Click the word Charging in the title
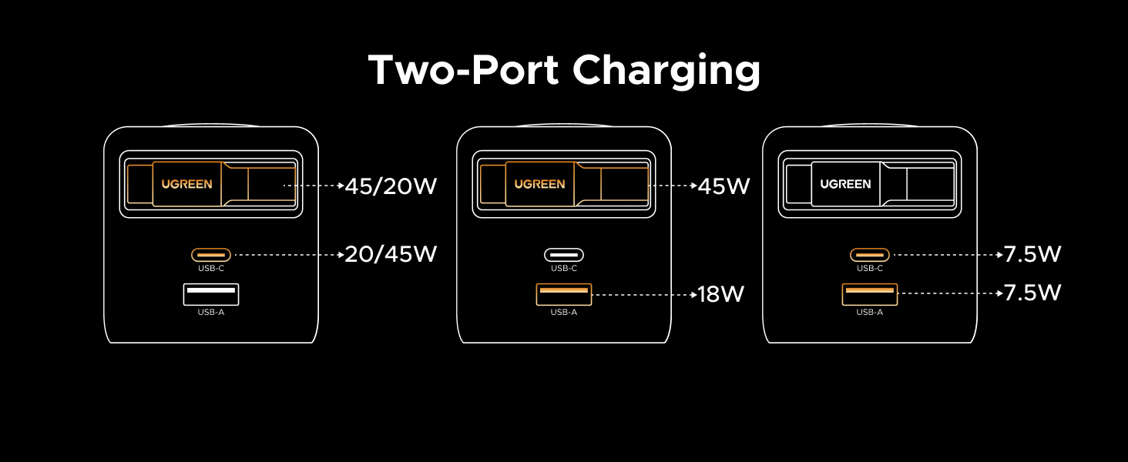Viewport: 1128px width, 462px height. (x=666, y=72)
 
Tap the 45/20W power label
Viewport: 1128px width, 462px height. (x=391, y=186)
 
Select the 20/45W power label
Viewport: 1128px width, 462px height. (x=391, y=253)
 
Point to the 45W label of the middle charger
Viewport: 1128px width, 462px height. (x=723, y=186)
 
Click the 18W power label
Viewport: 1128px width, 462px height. (x=720, y=294)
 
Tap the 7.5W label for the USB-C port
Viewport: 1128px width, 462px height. (x=1032, y=254)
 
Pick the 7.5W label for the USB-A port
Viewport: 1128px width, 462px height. (x=1032, y=293)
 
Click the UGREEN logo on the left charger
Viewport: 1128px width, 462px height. (x=186, y=184)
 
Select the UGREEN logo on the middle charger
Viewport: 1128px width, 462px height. (x=539, y=184)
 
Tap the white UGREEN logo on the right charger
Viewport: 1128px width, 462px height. (x=845, y=184)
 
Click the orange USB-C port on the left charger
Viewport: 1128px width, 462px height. (x=210, y=253)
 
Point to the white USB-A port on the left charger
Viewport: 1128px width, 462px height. (x=210, y=293)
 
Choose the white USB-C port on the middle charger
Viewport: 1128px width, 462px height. (x=564, y=254)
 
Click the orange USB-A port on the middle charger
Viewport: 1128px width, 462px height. (x=564, y=293)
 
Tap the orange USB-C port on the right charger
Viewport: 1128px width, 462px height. (x=870, y=254)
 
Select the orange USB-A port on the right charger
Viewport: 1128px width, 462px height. (x=870, y=293)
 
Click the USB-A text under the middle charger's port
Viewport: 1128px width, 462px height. (x=564, y=312)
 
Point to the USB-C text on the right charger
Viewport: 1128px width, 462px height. (x=870, y=269)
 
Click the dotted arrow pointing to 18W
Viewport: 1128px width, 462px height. (x=643, y=294)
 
